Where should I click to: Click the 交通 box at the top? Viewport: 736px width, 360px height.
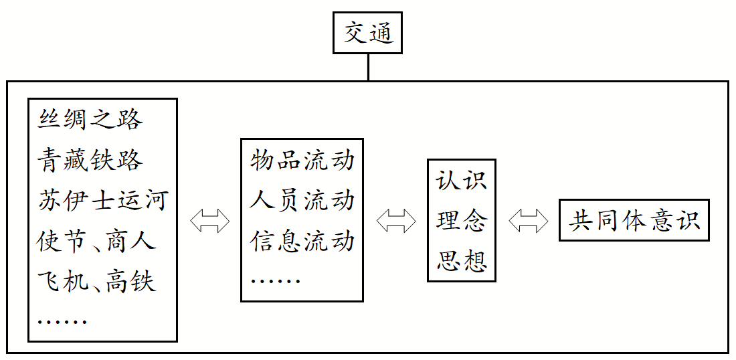367,33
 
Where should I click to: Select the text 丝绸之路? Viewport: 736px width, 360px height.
90,120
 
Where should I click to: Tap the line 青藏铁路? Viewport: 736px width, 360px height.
90,161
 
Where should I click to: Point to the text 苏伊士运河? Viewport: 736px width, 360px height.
102,201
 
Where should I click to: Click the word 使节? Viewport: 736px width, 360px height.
62,241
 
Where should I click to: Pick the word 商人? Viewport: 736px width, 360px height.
130,241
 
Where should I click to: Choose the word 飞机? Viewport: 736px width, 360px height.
62,281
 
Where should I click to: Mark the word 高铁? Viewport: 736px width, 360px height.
130,281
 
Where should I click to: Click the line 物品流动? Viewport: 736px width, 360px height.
302,161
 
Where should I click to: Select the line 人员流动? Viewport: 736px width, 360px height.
302,201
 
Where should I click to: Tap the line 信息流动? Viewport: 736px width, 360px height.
302,241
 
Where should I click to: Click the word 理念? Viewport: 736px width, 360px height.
462,221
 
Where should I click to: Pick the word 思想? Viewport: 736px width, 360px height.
462,261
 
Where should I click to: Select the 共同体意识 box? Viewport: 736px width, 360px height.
634,221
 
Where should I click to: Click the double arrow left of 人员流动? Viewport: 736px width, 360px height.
209,221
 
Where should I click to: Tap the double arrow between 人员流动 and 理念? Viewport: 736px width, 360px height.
395,221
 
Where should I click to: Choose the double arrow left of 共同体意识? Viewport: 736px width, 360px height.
528,221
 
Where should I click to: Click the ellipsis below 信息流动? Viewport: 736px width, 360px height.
275,280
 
